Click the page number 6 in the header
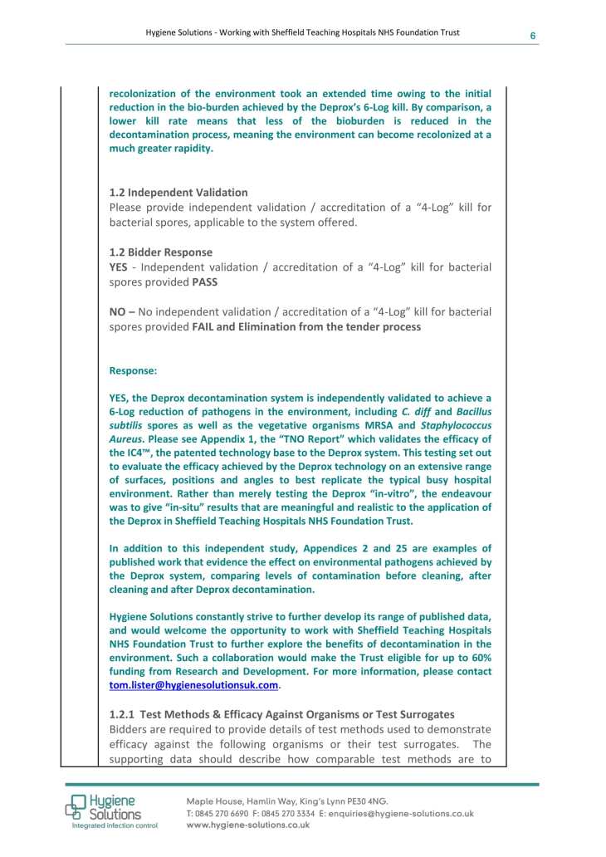533,35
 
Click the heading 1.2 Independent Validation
178,193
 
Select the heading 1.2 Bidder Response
161,252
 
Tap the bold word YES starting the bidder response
120,267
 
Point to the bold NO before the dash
118,311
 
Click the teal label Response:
133,371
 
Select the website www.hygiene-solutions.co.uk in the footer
247,825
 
